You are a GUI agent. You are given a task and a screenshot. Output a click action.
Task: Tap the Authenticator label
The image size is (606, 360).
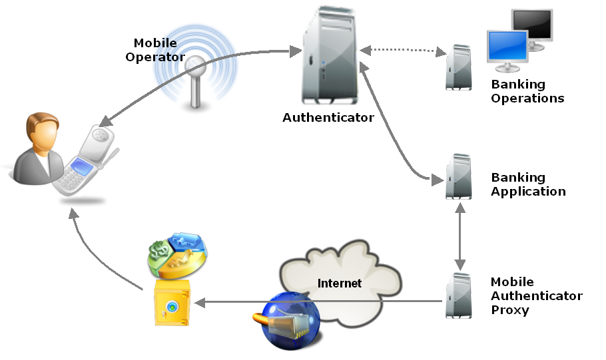pos(328,118)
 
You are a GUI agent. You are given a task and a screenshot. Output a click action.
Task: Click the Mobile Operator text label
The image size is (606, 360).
pos(154,51)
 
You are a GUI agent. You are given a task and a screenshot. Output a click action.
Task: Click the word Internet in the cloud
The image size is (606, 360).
pos(340,283)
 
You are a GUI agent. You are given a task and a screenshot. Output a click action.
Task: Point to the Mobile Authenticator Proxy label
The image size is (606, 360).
pos(536,296)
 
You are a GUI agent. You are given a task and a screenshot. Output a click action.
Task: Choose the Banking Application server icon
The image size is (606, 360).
pos(459,177)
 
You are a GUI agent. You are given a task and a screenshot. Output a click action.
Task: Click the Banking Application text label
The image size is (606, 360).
pos(528,184)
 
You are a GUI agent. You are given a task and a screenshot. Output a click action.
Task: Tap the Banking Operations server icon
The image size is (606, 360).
pos(459,67)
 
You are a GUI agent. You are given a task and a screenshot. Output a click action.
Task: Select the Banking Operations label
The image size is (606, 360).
pos(527,91)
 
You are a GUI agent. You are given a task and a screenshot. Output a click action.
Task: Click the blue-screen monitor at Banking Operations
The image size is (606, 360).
pos(508,51)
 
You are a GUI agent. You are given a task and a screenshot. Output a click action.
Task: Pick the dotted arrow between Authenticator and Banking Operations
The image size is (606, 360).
pos(403,51)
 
